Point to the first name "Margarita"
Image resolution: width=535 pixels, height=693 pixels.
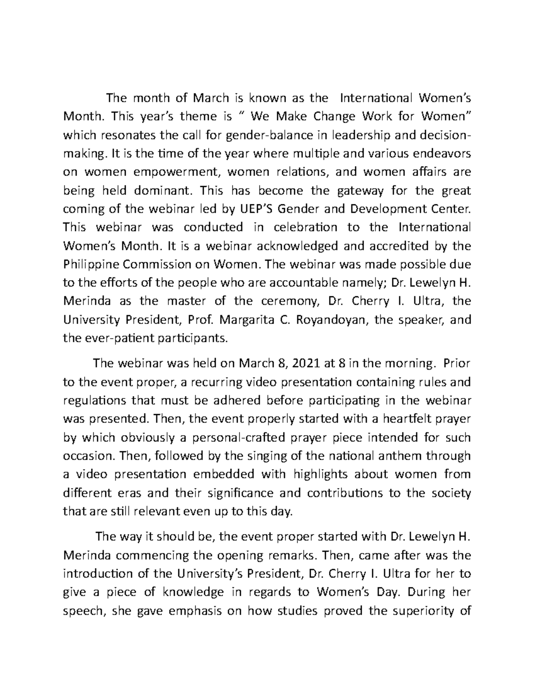click(251, 320)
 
